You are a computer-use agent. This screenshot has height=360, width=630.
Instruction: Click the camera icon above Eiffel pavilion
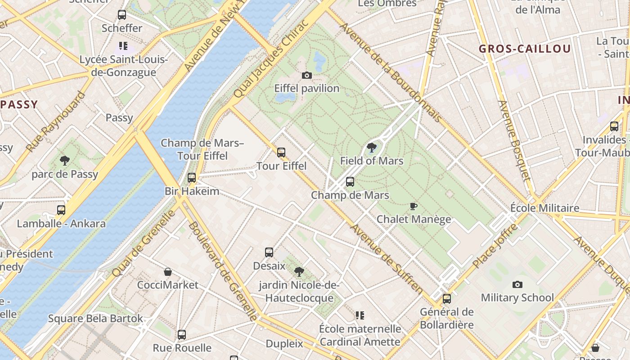point(307,75)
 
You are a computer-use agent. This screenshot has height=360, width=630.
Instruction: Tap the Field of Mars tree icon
point(372,147)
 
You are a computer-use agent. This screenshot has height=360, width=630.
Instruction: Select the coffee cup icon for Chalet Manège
point(414,206)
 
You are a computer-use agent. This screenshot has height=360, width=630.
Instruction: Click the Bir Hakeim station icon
point(192,178)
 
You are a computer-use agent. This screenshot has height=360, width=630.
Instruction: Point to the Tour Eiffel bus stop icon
point(281,153)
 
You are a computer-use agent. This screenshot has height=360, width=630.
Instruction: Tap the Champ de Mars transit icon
point(350,182)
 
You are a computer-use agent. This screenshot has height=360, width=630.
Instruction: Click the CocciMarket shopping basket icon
point(168,272)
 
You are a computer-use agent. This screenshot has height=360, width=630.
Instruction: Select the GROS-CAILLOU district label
point(525,49)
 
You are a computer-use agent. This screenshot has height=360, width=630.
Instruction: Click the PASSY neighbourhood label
point(19,105)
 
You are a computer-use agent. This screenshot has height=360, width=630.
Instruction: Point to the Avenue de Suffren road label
point(387,259)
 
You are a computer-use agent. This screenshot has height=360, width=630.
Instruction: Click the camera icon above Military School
point(517,284)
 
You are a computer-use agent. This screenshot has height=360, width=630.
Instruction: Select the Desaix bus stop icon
point(269,252)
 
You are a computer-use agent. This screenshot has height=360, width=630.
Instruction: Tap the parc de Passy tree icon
point(65,160)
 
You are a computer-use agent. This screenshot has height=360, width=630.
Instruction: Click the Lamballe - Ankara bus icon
point(61,210)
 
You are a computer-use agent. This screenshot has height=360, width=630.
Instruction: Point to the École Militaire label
point(544,208)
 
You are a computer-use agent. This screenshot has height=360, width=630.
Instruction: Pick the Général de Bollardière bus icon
point(447,298)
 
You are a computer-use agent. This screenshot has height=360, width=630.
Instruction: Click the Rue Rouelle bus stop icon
point(182,335)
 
